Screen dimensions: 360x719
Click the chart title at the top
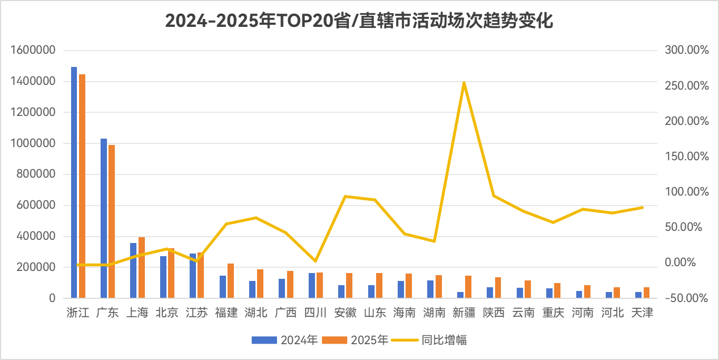click(359, 21)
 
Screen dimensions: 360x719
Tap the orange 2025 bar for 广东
click(111, 221)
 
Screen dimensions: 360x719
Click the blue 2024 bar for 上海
click(133, 270)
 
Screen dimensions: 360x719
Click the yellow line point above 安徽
click(345, 197)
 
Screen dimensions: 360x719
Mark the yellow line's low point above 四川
click(315, 261)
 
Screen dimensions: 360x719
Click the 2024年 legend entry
click(284, 340)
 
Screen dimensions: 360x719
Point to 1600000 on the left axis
click(33, 51)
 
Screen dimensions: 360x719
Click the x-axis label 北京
click(167, 313)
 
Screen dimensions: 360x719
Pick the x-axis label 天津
click(642, 313)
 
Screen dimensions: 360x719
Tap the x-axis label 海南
click(405, 313)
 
